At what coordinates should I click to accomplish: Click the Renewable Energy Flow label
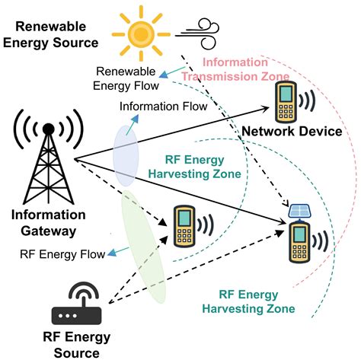(x=126, y=79)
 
